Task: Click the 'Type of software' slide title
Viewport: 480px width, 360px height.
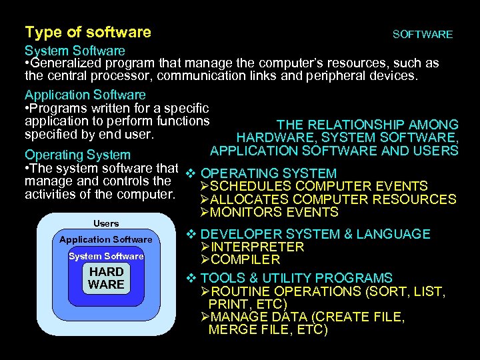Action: point(87,32)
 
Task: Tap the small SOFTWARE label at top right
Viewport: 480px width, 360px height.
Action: point(423,34)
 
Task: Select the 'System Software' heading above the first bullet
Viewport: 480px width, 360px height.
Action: point(75,51)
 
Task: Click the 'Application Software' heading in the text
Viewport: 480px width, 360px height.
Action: point(85,95)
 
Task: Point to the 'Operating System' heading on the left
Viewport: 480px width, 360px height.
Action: point(77,155)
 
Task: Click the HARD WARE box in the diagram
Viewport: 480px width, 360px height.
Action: point(106,278)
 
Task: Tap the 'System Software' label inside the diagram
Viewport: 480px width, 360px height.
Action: point(106,256)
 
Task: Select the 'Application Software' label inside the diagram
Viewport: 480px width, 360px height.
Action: point(106,239)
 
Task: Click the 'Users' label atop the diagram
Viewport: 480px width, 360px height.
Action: point(106,223)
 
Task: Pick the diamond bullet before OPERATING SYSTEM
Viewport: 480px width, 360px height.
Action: point(189,173)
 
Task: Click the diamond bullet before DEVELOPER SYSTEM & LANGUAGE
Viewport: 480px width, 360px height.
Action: point(189,233)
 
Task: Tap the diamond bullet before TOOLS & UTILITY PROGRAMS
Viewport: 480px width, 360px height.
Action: point(189,277)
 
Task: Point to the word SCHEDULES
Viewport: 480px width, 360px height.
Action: point(251,186)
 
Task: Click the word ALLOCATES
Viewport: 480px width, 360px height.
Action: point(250,199)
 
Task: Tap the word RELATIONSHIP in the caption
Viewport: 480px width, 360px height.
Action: point(355,125)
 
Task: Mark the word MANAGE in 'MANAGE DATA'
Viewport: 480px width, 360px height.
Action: point(237,317)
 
